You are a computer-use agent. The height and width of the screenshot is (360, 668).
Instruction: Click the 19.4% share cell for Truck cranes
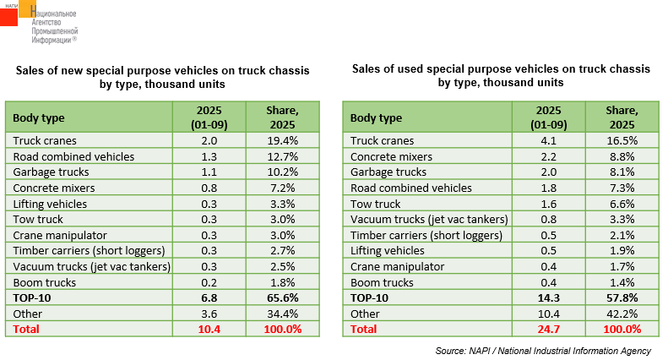tap(282, 140)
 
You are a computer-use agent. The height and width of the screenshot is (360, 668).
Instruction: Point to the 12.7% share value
tap(282, 156)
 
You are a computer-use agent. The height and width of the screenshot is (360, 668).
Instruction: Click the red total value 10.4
tap(209, 329)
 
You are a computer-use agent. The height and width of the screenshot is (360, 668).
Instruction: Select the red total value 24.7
tap(547, 329)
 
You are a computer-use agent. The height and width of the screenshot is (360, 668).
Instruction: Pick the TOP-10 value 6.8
tap(209, 297)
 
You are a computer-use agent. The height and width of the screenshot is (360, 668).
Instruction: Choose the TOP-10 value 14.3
tap(547, 297)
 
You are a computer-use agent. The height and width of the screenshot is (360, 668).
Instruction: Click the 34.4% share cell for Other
tap(282, 313)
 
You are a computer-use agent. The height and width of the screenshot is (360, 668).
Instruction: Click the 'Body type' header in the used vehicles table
tap(376, 117)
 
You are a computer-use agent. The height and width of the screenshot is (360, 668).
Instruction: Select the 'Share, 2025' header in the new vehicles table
tap(282, 117)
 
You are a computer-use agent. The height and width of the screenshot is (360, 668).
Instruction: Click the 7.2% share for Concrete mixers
tap(282, 188)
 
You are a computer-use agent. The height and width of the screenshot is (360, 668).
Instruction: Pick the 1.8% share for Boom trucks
tap(282, 281)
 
